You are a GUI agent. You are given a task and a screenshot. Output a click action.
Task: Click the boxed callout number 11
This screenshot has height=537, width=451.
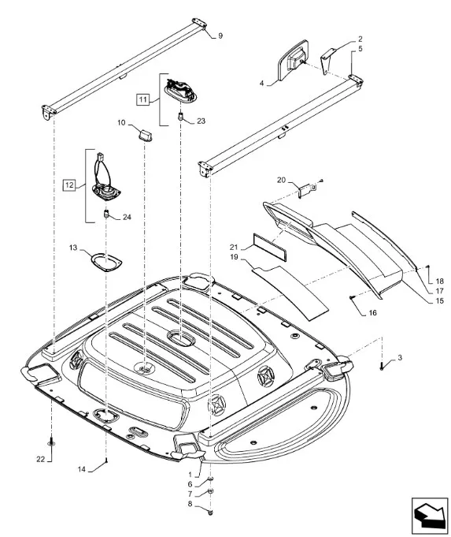[x=143, y=99]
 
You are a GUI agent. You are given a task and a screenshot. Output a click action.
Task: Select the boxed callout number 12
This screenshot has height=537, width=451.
[x=69, y=185]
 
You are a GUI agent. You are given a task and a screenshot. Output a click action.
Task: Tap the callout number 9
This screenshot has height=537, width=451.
[x=220, y=35]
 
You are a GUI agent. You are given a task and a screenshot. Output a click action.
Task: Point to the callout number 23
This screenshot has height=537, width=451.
[x=201, y=121]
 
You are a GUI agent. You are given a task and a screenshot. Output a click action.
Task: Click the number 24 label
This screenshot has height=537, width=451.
[x=127, y=217]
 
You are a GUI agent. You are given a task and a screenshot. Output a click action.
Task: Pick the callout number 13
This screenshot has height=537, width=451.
[x=73, y=248]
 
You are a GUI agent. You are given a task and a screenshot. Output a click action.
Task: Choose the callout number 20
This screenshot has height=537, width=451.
[x=281, y=180]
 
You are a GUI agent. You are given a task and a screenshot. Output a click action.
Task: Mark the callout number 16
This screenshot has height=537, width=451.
[x=373, y=313]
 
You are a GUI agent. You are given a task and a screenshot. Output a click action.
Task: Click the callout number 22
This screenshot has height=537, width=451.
[x=41, y=459]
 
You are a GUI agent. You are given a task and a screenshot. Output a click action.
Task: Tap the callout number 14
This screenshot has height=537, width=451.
[x=81, y=469]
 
